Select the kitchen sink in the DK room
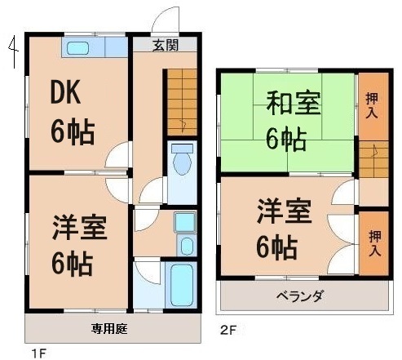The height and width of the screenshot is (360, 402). point(78,47)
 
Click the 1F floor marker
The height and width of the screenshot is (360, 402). point(38,353)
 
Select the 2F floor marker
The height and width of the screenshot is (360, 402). point(228,331)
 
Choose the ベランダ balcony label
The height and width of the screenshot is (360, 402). point(299,296)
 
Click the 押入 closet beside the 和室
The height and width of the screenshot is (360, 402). point(373,104)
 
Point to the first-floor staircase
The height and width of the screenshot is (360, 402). point(181,102)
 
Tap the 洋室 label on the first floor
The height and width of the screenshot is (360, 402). point(80,228)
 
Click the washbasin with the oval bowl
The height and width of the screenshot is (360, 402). point(186,246)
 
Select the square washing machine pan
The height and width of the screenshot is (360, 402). point(185,220)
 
